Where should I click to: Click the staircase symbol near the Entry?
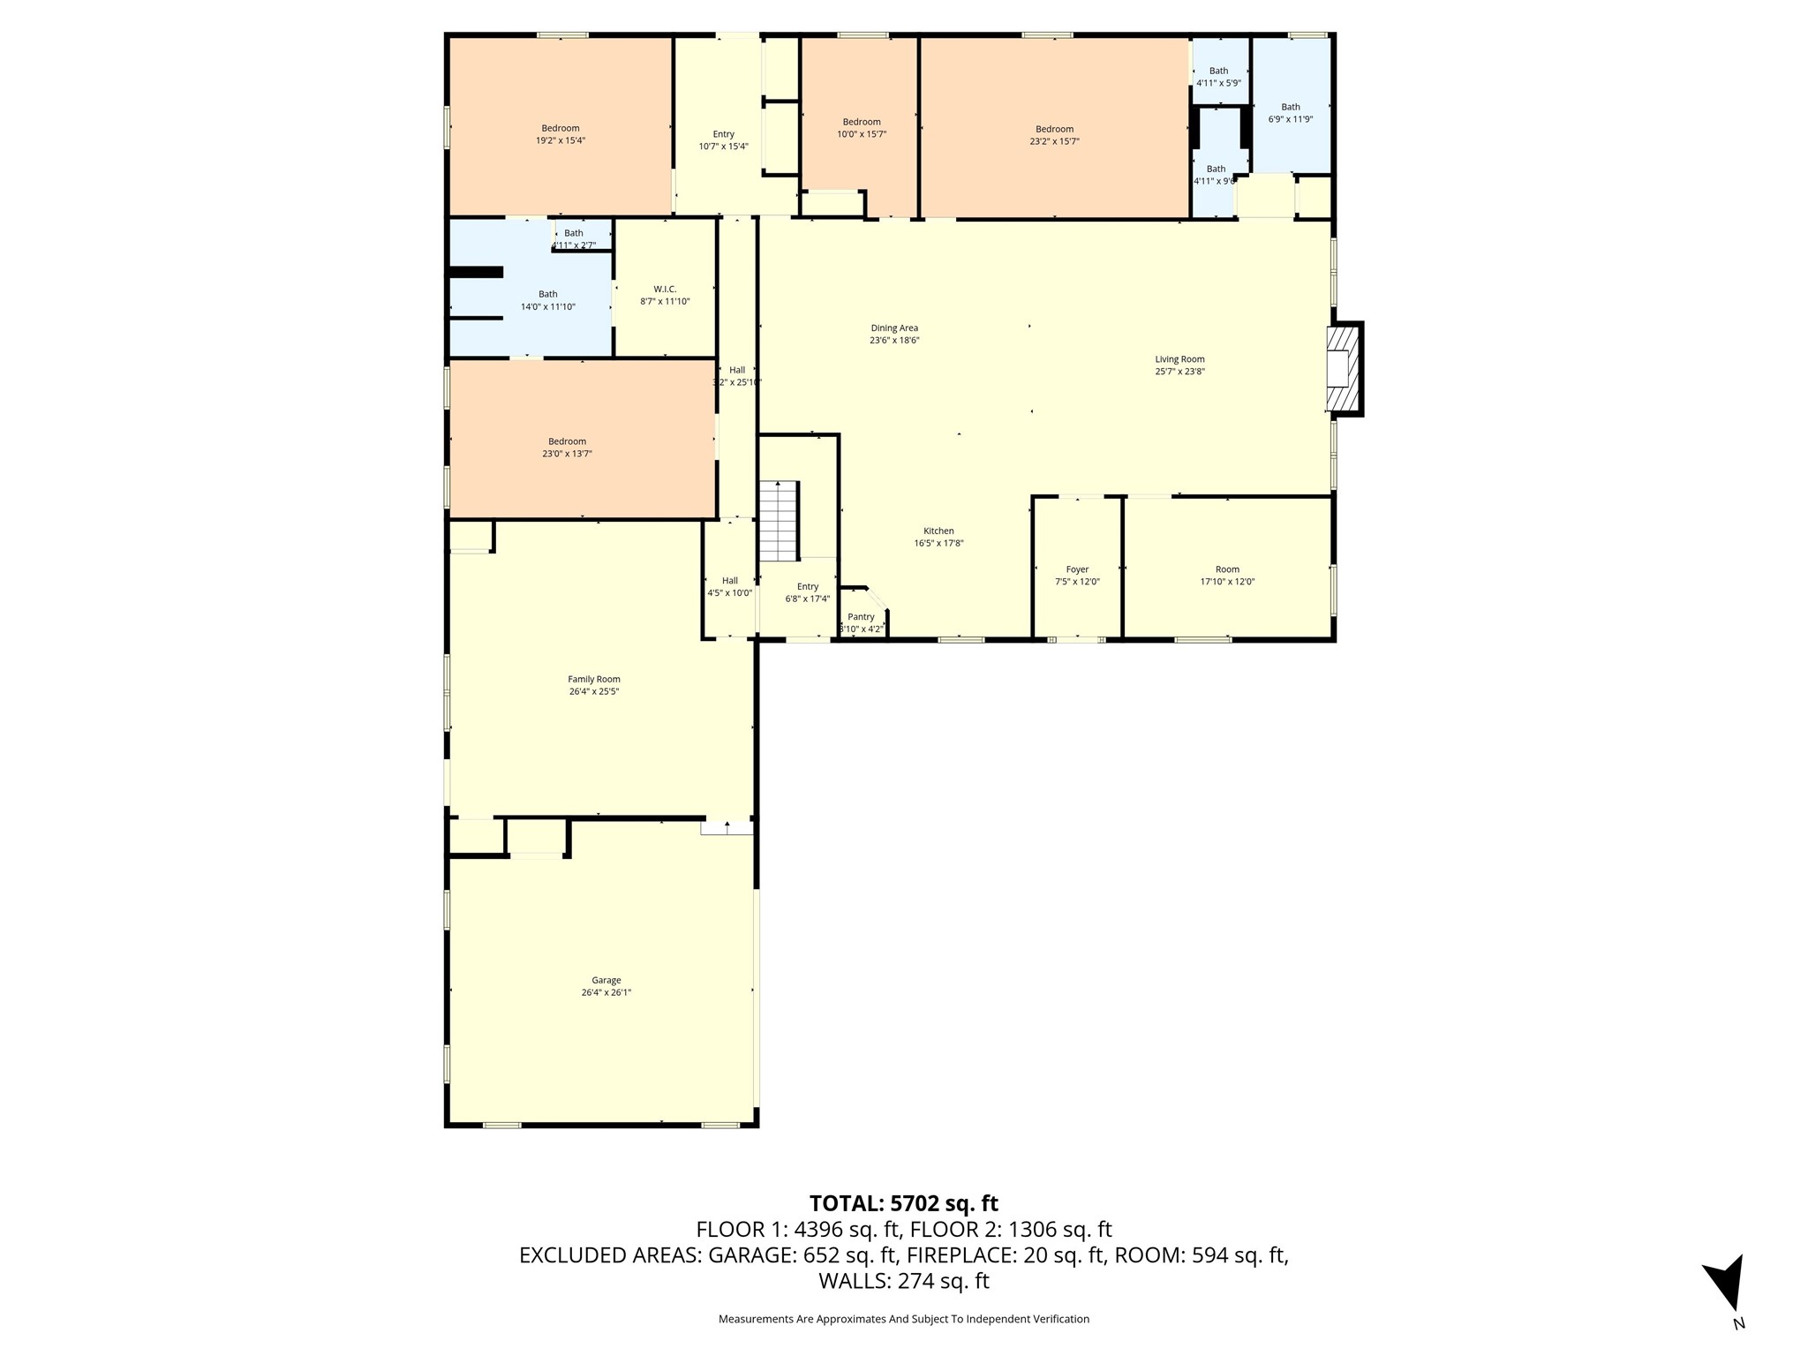(x=779, y=521)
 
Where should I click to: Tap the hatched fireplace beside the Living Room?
(x=1344, y=369)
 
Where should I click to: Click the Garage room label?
(x=606, y=980)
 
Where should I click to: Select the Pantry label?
(x=861, y=617)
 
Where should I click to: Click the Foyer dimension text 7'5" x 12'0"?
(x=1077, y=582)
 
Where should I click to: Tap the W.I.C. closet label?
(x=665, y=289)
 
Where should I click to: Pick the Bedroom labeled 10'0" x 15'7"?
(x=862, y=128)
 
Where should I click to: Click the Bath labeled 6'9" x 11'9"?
(x=1291, y=113)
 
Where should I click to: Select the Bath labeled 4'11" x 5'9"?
(x=1218, y=77)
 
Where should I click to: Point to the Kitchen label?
(x=938, y=531)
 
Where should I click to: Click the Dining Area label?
(x=894, y=328)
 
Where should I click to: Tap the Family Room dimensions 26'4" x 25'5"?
(x=594, y=691)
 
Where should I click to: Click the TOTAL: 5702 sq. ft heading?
(x=903, y=1203)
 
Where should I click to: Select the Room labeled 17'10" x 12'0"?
(x=1227, y=576)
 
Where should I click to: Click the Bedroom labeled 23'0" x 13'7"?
(x=567, y=448)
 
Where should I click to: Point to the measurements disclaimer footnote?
(x=903, y=1319)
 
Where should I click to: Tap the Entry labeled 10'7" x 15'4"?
(x=723, y=140)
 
